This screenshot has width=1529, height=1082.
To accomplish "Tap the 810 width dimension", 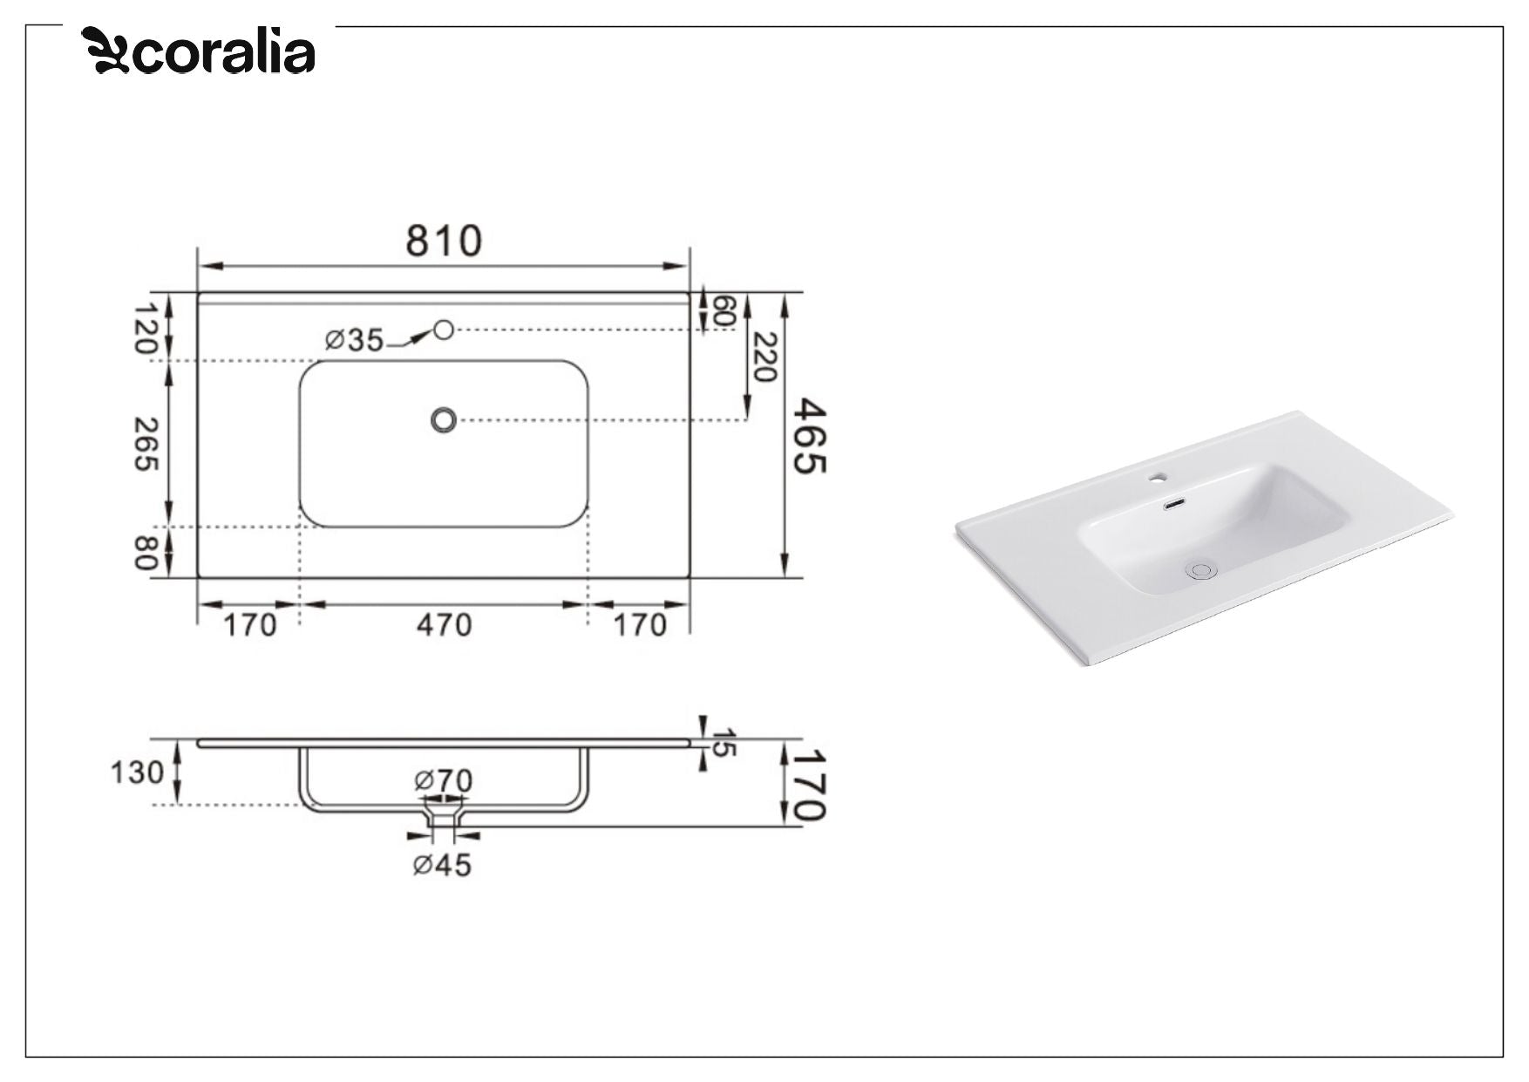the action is pyautogui.click(x=444, y=241).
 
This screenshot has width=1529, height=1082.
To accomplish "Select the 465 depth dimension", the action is pyautogui.click(x=809, y=436).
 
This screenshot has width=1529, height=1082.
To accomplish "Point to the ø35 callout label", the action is pyautogui.click(x=354, y=340).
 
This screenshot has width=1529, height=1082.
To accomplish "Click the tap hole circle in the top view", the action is pyautogui.click(x=444, y=330).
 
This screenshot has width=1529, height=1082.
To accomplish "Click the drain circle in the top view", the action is pyautogui.click(x=444, y=421).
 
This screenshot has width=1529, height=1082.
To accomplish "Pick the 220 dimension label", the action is pyautogui.click(x=764, y=357).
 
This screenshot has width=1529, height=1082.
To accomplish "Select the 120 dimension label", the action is pyautogui.click(x=146, y=328).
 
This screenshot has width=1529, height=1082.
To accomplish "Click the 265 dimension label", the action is pyautogui.click(x=146, y=444).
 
